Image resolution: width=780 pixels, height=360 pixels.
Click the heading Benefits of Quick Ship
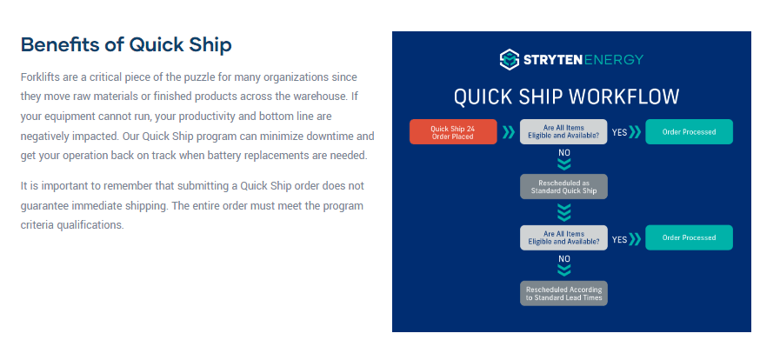coord(126,44)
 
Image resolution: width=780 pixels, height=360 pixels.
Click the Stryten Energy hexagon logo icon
coord(509,59)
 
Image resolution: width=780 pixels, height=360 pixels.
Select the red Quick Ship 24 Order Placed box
coord(453,132)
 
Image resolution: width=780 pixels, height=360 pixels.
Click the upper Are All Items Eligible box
coord(563,132)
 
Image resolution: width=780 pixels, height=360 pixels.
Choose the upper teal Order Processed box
coord(689,132)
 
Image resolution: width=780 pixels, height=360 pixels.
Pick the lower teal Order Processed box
coord(689,237)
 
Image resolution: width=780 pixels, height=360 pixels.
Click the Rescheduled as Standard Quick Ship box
coord(563,187)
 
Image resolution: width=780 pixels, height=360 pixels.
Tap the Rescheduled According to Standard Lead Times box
coord(563,293)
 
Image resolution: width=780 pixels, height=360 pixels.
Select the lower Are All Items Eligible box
coord(563,237)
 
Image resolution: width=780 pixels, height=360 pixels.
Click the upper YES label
coord(619,133)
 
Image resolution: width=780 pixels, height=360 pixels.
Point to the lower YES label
coord(619,238)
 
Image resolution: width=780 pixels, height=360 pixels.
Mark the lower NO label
coord(563,258)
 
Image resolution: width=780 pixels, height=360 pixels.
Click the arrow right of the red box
coord(508,132)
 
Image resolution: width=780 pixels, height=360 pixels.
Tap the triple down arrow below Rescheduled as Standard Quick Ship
coord(563,212)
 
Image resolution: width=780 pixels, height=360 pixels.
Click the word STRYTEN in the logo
coord(554,60)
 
